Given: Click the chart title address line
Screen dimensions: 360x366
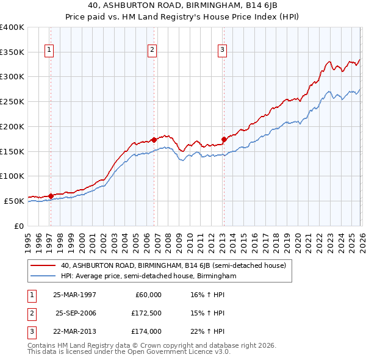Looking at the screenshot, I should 182,5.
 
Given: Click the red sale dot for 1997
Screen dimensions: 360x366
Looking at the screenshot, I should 51,196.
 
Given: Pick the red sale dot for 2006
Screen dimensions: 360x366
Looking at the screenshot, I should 154,140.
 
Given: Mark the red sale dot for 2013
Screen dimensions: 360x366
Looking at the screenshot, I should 224,139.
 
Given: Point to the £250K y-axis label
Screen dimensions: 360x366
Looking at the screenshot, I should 12,101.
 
